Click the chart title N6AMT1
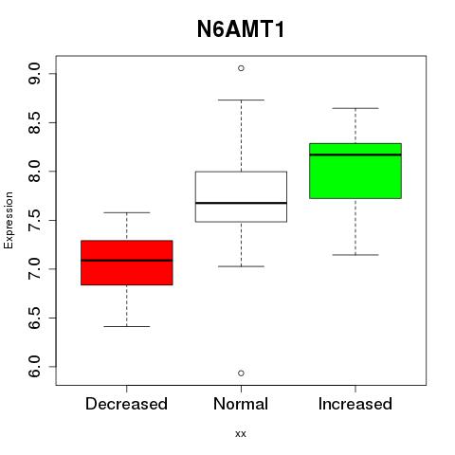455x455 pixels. (241, 29)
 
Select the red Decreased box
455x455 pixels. (127, 263)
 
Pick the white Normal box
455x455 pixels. (241, 196)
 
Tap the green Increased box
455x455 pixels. (355, 171)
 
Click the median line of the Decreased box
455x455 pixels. (127, 261)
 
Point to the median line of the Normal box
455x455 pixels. (241, 203)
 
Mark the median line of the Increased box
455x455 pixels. (355, 155)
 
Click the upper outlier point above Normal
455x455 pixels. (241, 68)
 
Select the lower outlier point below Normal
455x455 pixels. (241, 373)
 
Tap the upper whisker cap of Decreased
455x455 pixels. (127, 212)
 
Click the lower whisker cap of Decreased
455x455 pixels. (127, 326)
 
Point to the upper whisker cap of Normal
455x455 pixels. (241, 100)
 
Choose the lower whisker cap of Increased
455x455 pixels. (355, 255)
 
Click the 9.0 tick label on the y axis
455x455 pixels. (34, 73)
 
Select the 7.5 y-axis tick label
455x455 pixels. (34, 220)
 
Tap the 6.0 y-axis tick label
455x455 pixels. (34, 367)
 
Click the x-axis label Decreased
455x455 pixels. (126, 404)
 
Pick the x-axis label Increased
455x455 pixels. (355, 404)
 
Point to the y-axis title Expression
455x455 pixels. (9, 220)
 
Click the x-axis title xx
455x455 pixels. (241, 434)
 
